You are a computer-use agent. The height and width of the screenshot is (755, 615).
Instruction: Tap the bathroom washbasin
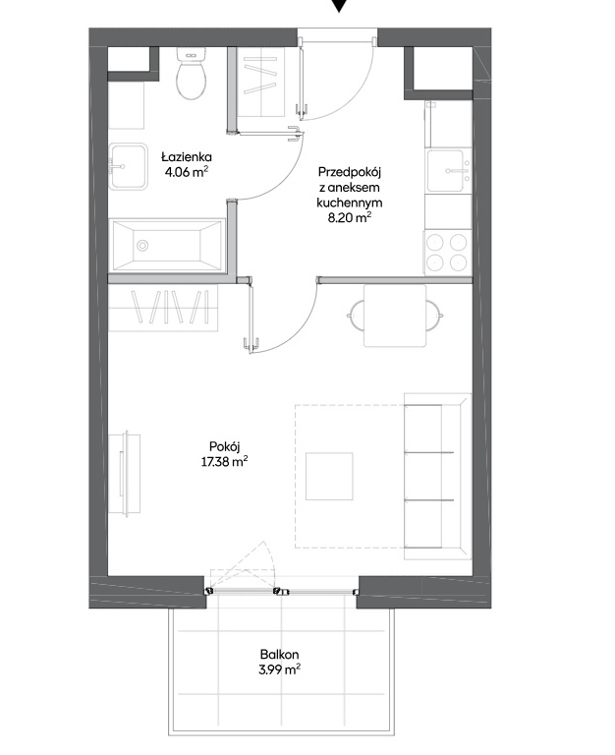click(128, 166)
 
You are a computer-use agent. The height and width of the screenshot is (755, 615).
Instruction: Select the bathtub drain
click(142, 246)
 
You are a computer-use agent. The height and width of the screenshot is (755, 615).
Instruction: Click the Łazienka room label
click(187, 156)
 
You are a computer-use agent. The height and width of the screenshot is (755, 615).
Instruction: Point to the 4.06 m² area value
click(187, 172)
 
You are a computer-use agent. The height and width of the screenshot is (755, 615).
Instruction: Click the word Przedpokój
click(350, 172)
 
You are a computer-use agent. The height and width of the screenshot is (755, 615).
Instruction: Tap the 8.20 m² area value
click(350, 217)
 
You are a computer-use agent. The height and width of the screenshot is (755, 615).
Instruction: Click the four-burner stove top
click(446, 253)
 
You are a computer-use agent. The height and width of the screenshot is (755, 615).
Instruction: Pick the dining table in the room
click(395, 316)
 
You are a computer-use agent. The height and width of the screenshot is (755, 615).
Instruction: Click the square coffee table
click(329, 476)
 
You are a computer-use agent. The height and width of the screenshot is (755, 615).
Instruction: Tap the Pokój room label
click(224, 446)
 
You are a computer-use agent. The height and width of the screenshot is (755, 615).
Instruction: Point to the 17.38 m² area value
click(224, 462)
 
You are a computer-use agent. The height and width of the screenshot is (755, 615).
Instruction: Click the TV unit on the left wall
click(125, 474)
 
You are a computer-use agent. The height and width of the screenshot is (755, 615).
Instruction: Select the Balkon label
click(280, 655)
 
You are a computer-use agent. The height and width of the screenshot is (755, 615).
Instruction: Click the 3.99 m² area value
click(280, 669)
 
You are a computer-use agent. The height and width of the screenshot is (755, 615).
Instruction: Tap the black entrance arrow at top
click(339, 5)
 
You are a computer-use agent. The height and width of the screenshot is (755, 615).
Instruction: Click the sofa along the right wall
click(437, 476)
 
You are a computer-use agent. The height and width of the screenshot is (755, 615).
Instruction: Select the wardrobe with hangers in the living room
click(163, 307)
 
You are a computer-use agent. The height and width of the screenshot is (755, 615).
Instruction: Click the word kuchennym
click(350, 203)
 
